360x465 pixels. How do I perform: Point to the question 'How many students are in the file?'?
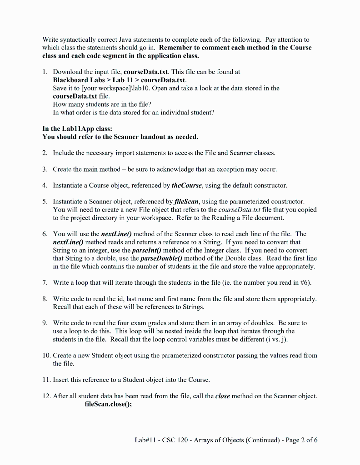click(x=102, y=104)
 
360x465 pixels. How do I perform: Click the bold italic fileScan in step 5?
click(x=187, y=201)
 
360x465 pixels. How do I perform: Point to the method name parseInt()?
click(x=146, y=250)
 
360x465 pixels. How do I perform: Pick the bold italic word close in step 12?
click(x=222, y=396)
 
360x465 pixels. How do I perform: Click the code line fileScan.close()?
click(x=108, y=404)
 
